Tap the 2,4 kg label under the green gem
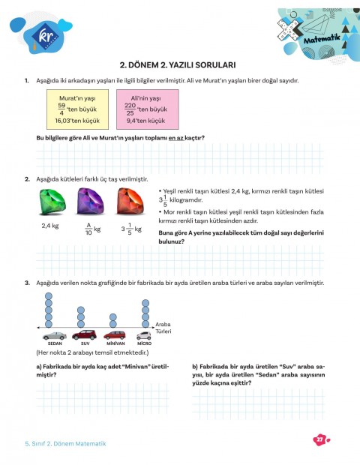(50, 224)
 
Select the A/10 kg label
(91, 227)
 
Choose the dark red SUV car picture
(85, 334)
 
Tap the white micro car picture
(145, 334)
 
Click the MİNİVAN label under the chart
(115, 343)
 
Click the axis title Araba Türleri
(163, 327)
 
